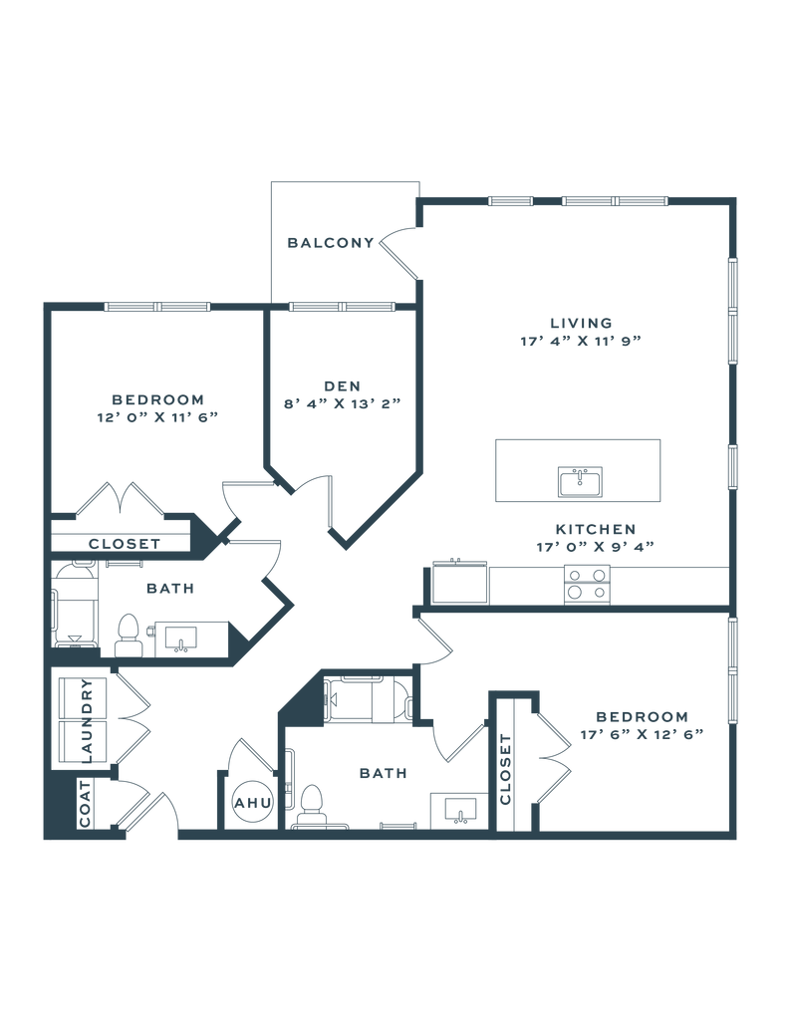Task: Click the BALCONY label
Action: (331, 242)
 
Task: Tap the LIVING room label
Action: (579, 323)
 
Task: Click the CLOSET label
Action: (123, 543)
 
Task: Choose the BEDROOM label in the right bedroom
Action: (642, 716)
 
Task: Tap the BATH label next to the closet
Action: (168, 589)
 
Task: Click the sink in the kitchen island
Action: (579, 481)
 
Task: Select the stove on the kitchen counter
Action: (587, 584)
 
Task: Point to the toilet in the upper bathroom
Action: (128, 635)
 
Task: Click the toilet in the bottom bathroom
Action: (313, 805)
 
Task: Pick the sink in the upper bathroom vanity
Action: (179, 637)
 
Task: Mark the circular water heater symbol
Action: (249, 800)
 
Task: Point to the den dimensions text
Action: (341, 403)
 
